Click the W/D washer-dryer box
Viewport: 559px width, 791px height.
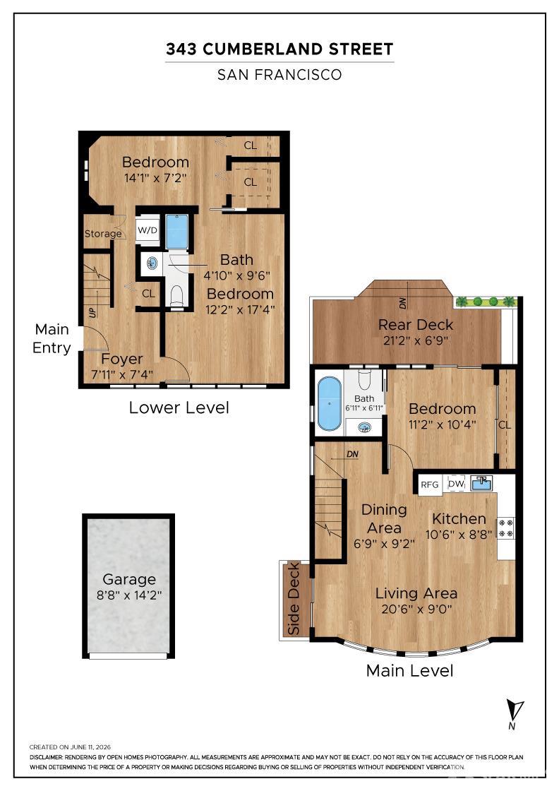point(148,230)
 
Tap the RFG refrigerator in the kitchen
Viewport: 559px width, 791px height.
point(429,484)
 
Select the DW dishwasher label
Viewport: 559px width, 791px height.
point(456,484)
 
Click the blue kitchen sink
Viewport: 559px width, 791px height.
point(481,483)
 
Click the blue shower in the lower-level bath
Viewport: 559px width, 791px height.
point(177,232)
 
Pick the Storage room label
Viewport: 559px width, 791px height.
point(103,234)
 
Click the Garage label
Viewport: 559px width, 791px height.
point(129,579)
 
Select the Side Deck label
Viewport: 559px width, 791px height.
point(294,599)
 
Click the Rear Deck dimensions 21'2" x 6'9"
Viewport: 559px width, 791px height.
point(416,340)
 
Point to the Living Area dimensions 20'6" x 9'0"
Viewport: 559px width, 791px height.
point(416,609)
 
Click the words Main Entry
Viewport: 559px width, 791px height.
point(52,338)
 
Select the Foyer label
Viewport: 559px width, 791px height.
point(122,359)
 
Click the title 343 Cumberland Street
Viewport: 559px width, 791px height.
point(279,49)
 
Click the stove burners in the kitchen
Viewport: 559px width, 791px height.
point(506,528)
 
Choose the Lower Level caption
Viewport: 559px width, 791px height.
point(179,408)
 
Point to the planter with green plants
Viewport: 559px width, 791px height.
point(486,302)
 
